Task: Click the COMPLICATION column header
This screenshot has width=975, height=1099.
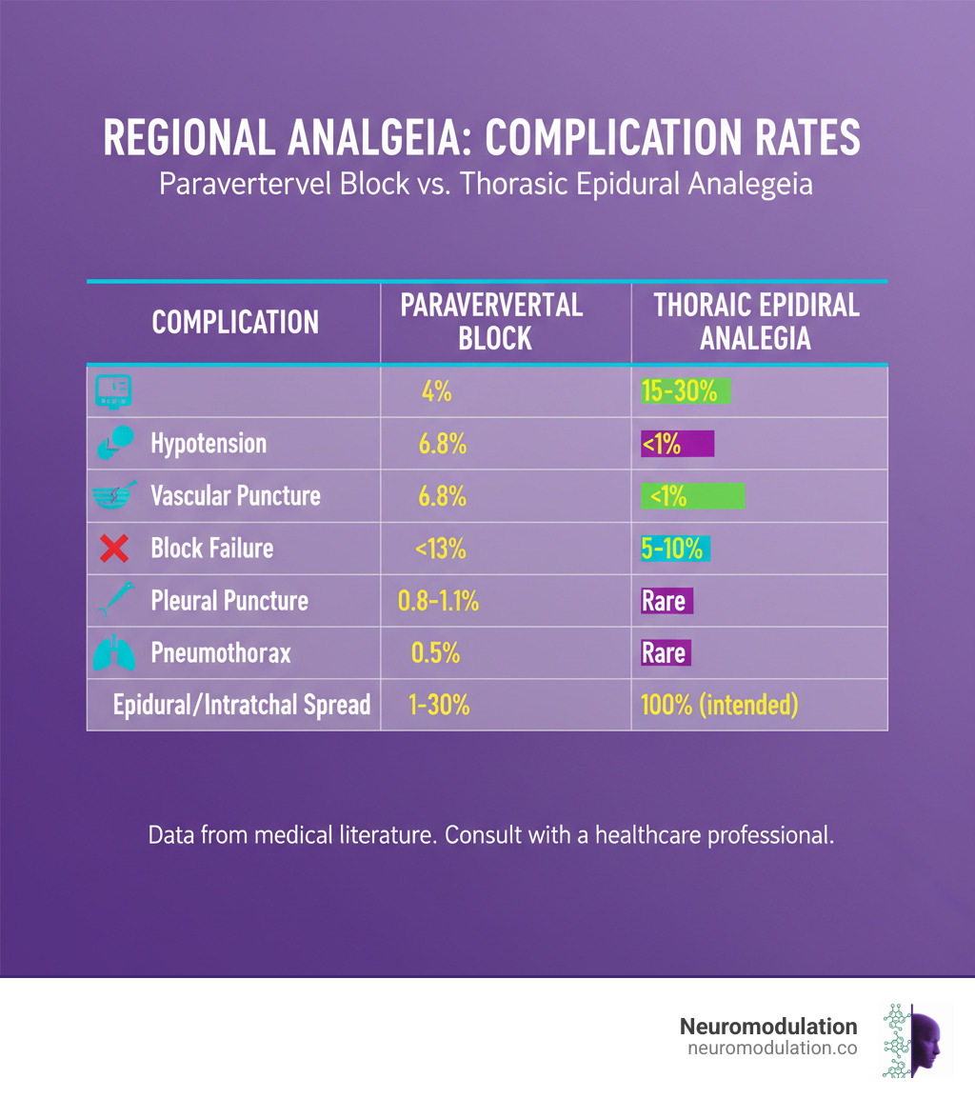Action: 235,322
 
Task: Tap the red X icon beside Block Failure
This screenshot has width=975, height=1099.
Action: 113,548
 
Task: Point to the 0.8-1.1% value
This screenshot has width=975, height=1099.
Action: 436,601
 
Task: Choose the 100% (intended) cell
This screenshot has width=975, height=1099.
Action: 721,706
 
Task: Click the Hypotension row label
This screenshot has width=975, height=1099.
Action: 209,444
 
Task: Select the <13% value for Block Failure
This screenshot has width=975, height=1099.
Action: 439,549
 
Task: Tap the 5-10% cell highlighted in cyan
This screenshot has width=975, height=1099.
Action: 675,549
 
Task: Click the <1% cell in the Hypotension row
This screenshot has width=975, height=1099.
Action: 676,444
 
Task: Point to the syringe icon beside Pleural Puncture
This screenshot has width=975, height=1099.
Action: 113,601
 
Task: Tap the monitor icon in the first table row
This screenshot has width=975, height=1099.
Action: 113,390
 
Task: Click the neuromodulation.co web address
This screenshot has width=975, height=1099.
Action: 771,1049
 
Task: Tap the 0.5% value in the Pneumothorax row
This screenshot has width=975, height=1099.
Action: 435,653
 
